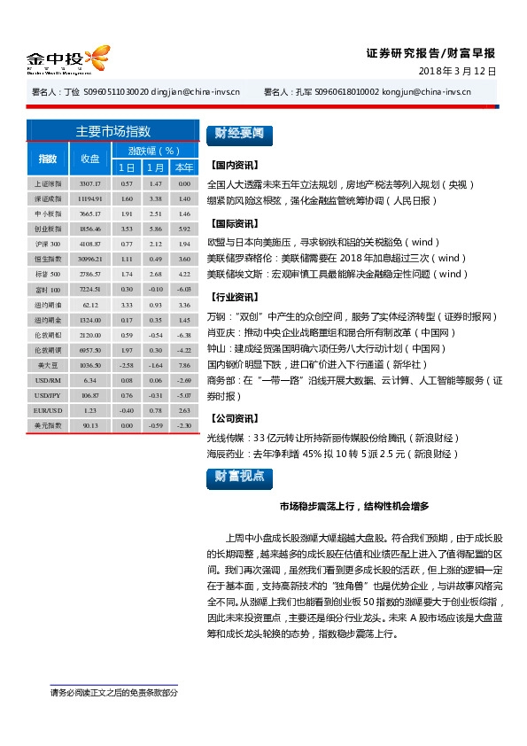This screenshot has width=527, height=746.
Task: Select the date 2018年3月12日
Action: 456,71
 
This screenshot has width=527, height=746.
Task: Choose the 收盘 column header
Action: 90,159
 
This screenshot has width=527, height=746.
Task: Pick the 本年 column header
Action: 184,167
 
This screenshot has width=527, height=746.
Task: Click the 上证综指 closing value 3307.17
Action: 90,183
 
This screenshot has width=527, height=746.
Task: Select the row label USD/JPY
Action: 47,395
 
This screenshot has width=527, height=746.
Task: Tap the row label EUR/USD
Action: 47,410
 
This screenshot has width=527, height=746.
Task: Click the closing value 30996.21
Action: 90,259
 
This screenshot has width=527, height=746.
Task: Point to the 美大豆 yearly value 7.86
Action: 184,365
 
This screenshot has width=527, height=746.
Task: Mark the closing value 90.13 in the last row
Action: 90,425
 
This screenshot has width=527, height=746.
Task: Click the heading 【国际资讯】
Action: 234,223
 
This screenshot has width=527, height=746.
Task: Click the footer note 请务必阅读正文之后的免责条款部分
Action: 114,693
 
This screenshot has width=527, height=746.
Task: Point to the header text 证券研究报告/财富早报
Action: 431,52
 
